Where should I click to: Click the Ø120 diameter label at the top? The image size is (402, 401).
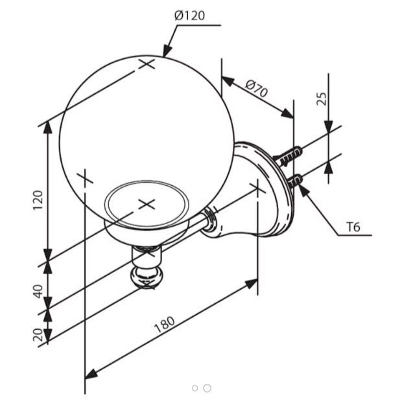point(189,16)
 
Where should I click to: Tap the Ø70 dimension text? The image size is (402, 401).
point(256,88)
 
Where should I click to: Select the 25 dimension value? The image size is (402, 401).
point(322,98)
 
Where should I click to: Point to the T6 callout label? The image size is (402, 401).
point(353,227)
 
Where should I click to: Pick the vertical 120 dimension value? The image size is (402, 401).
point(38,200)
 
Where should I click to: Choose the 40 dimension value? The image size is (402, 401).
point(38,292)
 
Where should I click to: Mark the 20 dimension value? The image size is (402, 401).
point(38,335)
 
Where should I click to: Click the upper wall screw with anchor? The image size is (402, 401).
point(289,156)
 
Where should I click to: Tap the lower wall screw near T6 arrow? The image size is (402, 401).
point(294,181)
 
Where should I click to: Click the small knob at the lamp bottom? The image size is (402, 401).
point(146,277)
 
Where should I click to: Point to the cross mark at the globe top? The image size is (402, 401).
point(147,63)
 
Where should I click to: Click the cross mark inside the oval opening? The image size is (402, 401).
point(147,205)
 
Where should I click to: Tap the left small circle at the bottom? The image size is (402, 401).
point(195,388)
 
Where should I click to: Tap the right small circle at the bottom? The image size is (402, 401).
point(207,388)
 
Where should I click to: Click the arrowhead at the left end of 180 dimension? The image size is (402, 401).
point(91,374)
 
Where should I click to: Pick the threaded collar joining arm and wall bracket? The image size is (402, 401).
point(209,219)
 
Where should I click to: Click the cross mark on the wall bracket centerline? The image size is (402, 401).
point(257,189)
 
